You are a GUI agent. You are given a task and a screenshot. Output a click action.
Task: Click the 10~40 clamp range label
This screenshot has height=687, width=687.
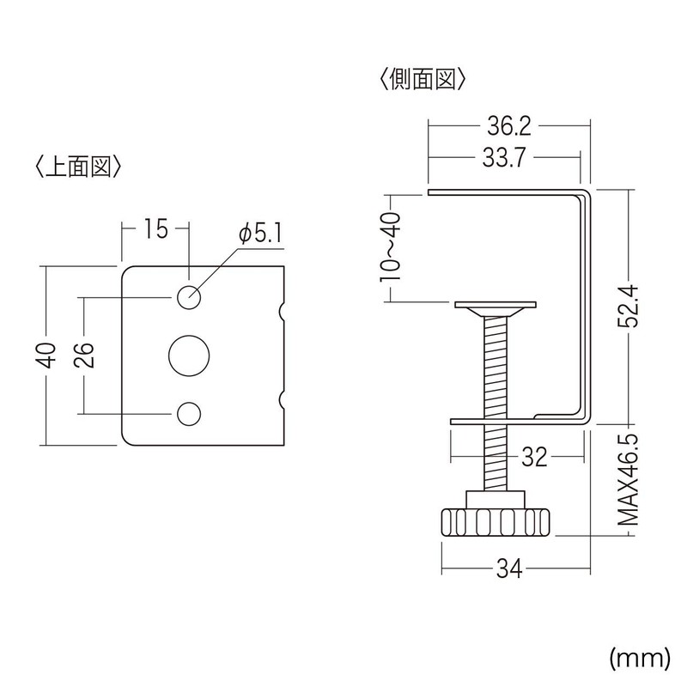[391, 246]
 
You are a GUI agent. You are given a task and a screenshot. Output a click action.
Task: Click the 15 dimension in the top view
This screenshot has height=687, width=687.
[155, 228]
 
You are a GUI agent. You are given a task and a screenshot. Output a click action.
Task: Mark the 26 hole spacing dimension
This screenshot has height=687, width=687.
[83, 355]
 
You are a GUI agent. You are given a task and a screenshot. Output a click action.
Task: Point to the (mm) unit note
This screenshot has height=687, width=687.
[638, 659]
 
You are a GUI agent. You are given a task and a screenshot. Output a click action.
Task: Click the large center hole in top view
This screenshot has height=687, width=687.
[189, 355]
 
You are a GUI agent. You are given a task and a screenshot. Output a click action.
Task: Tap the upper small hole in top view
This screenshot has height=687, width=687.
[189, 296]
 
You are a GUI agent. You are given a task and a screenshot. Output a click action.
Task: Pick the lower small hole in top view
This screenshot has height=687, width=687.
[189, 413]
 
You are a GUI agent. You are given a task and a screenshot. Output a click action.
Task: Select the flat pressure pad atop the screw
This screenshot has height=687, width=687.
[495, 305]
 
